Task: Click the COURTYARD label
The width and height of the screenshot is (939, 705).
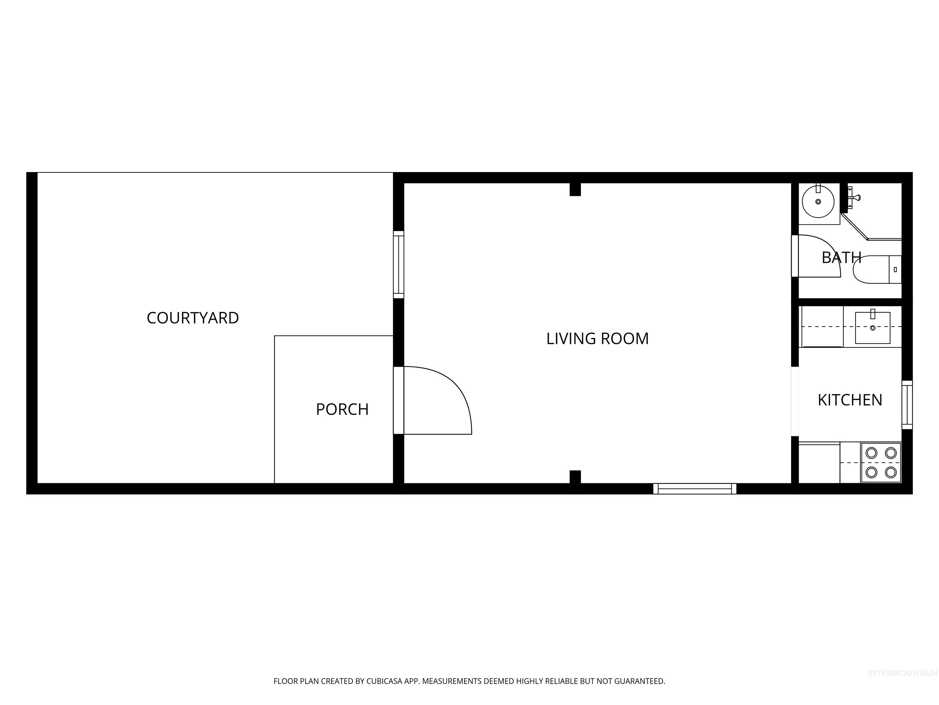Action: pyautogui.click(x=193, y=318)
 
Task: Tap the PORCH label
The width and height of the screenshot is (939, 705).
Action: pyautogui.click(x=342, y=409)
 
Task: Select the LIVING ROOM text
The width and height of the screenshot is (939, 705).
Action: pyautogui.click(x=597, y=339)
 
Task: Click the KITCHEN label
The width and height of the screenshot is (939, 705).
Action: pyautogui.click(x=850, y=400)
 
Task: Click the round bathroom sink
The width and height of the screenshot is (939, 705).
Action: pyautogui.click(x=818, y=201)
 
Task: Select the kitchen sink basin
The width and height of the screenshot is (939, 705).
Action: pyautogui.click(x=872, y=328)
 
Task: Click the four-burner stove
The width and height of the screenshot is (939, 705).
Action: pyautogui.click(x=881, y=462)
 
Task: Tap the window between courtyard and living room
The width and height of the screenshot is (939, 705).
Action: pyautogui.click(x=398, y=264)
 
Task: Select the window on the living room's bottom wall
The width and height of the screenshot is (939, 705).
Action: pyautogui.click(x=694, y=489)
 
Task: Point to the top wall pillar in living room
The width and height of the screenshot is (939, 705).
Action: pyautogui.click(x=575, y=189)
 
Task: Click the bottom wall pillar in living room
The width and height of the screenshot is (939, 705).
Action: pyautogui.click(x=575, y=477)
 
